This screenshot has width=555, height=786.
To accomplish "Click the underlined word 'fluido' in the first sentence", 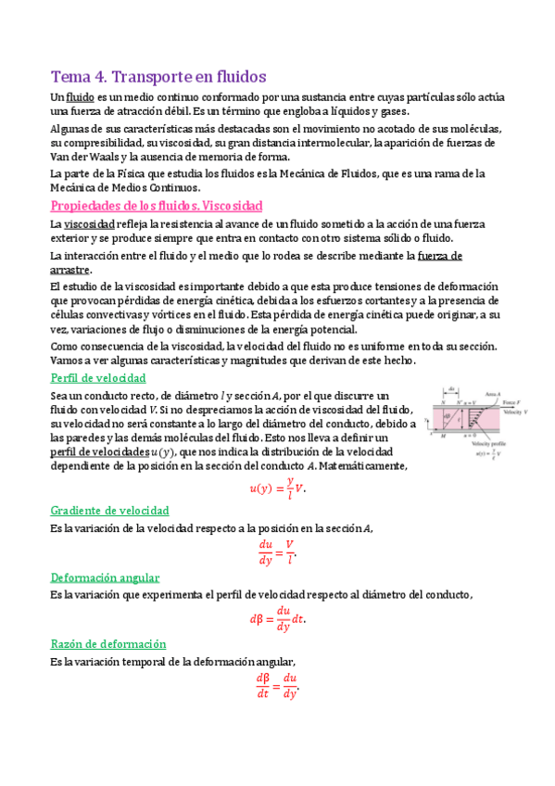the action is pos(81,97).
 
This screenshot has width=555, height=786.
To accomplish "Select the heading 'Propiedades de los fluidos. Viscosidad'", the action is pos(156,205).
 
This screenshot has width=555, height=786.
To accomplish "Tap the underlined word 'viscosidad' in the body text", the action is pos(89,225).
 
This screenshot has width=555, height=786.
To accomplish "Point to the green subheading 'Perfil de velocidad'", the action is pos(97,378).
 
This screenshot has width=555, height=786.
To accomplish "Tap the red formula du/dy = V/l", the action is pos(277,551).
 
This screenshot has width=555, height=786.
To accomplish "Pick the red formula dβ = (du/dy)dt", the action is pos(277,619).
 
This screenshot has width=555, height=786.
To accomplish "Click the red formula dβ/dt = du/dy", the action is pos(277,686).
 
